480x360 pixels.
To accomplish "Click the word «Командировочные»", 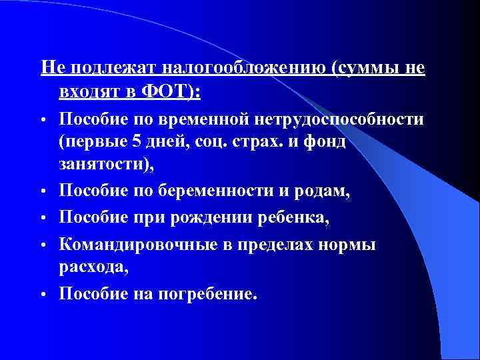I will tap(138, 244).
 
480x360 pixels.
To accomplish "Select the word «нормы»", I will tap(347, 244).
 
